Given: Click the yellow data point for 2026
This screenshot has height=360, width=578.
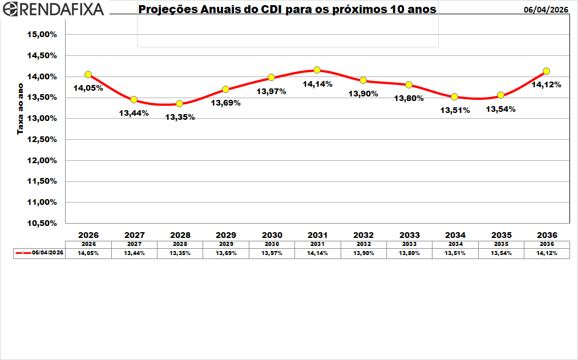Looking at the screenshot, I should pos(88,75).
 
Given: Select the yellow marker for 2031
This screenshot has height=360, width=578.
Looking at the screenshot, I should pos(317,70).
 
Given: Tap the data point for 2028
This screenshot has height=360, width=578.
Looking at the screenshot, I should pos(180,103).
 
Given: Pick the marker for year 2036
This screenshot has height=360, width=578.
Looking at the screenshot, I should pos(546,71).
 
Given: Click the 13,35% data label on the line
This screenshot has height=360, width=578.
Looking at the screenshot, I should pos(180,117).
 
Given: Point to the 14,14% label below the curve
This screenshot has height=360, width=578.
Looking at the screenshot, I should pos(317,84).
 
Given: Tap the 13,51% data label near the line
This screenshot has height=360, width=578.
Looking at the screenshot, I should pos(455,110).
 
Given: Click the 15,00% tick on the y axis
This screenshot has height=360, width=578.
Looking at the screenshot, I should pos(42,34).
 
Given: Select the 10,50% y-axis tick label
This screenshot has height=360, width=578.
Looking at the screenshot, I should pos(42,223).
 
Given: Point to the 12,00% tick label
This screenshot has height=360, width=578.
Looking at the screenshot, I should pos(42,160).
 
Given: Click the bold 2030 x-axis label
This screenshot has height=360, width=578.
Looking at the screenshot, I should pos(272,235).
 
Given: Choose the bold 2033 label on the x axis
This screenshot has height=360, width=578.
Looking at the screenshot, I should pos(409,235).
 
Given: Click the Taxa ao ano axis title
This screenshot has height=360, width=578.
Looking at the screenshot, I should pos(20,108).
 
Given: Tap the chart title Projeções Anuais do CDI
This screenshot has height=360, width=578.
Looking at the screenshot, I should pos(288,10).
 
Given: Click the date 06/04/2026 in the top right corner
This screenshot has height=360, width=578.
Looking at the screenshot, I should pos(546,10).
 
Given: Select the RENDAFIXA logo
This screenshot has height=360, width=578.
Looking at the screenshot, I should pos(53,9).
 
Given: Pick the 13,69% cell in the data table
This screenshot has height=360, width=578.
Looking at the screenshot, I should pos(226,253).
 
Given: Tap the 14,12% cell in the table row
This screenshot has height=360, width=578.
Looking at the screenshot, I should pos(546,253).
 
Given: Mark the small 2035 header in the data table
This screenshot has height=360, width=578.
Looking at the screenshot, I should pos(500,244).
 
